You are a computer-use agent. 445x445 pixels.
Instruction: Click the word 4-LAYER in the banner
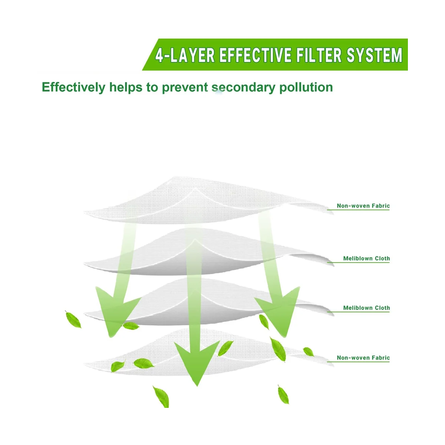[x=185, y=55]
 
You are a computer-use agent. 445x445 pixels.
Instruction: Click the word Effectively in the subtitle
[x=73, y=88]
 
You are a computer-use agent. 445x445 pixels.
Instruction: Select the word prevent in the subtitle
[x=185, y=88]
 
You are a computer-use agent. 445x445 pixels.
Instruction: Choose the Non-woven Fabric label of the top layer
[x=363, y=206]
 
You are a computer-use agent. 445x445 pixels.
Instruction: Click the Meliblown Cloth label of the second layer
[x=366, y=258]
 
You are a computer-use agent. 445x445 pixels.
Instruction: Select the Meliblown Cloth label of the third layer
[x=366, y=308]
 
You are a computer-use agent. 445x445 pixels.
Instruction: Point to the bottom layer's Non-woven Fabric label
[x=363, y=358]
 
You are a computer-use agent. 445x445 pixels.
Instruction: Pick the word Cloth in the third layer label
[x=382, y=308]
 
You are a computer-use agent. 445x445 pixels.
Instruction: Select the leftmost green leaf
[x=73, y=320]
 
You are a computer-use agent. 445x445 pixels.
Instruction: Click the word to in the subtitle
[x=152, y=88]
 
